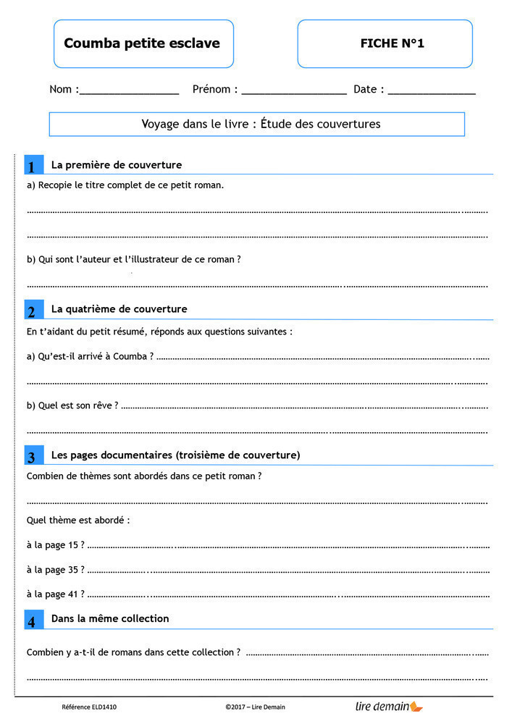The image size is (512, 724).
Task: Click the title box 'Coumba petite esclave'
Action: click(x=143, y=43)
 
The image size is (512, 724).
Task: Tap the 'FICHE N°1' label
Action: click(x=392, y=43)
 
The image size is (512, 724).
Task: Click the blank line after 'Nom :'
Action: click(x=129, y=92)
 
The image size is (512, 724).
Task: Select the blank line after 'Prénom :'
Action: click(x=294, y=92)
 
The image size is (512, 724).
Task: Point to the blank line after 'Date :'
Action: click(x=432, y=92)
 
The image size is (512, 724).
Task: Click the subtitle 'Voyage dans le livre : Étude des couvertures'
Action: click(x=261, y=125)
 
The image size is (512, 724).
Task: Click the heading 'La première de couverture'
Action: click(x=117, y=165)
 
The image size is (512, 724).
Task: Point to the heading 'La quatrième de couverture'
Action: click(x=119, y=309)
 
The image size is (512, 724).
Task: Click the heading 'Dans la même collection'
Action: click(x=110, y=619)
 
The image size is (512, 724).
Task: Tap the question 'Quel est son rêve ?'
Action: click(x=72, y=405)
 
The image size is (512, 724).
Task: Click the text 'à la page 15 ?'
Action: click(x=55, y=545)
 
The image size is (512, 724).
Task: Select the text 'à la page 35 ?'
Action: click(x=55, y=570)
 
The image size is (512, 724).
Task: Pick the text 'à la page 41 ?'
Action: click(x=55, y=594)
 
